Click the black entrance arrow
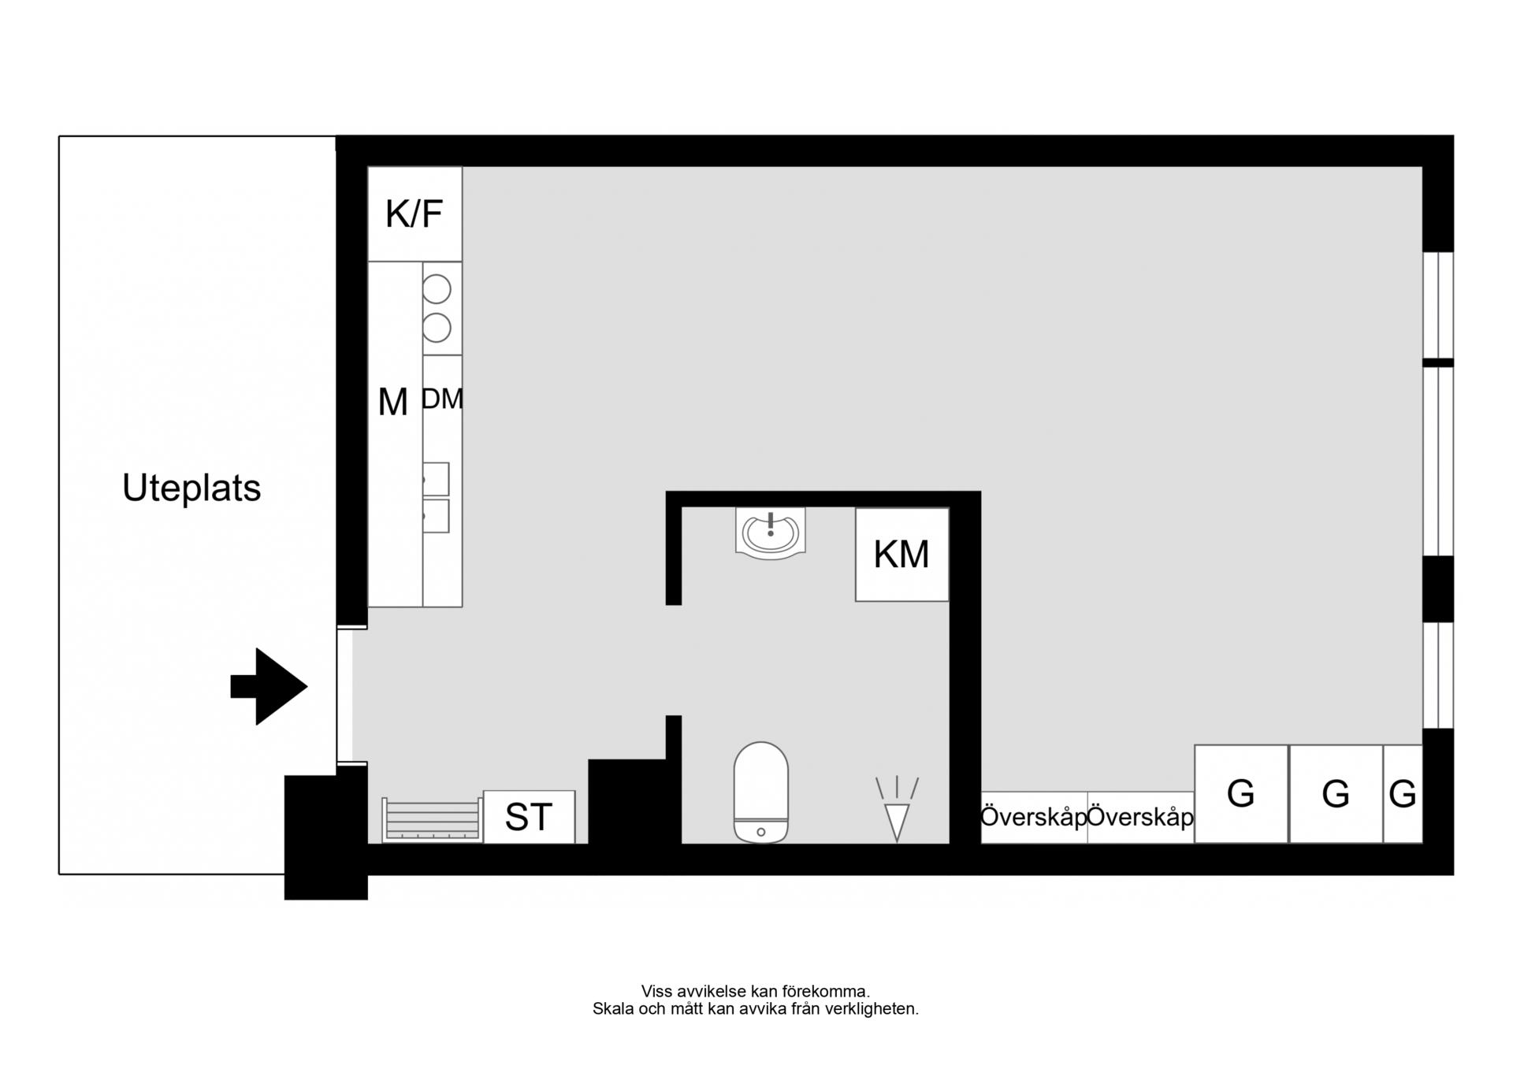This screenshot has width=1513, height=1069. pyautogui.click(x=269, y=686)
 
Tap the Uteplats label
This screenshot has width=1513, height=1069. pyautogui.click(x=191, y=488)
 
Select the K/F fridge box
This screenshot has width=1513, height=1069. pyautogui.click(x=414, y=214)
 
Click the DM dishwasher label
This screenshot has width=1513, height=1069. pyautogui.click(x=442, y=399)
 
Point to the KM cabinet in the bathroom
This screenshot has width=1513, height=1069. pyautogui.click(x=902, y=555)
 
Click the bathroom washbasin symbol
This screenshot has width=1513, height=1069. pyautogui.click(x=770, y=533)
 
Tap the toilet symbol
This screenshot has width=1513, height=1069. pyautogui.click(x=760, y=792)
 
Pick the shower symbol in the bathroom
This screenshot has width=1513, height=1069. pyautogui.click(x=897, y=809)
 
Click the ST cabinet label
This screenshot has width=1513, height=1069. pyautogui.click(x=529, y=818)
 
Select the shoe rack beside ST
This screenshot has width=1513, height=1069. pyautogui.click(x=432, y=820)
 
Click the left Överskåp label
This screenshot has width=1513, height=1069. pyautogui.click(x=1034, y=818)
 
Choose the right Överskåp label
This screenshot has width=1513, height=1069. pyautogui.click(x=1140, y=818)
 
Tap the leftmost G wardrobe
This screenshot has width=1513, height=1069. pyautogui.click(x=1242, y=794)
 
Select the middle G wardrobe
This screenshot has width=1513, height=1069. pyautogui.click(x=1336, y=794)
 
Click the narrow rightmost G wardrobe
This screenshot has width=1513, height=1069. pyautogui.click(x=1403, y=794)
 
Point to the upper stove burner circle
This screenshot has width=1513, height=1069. pyautogui.click(x=437, y=290)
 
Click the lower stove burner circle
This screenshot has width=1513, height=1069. pyautogui.click(x=437, y=327)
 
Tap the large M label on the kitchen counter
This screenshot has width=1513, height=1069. pyautogui.click(x=393, y=403)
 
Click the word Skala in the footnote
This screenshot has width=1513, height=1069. pyautogui.click(x=613, y=1009)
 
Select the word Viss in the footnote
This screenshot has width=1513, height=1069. pyautogui.click(x=656, y=992)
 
